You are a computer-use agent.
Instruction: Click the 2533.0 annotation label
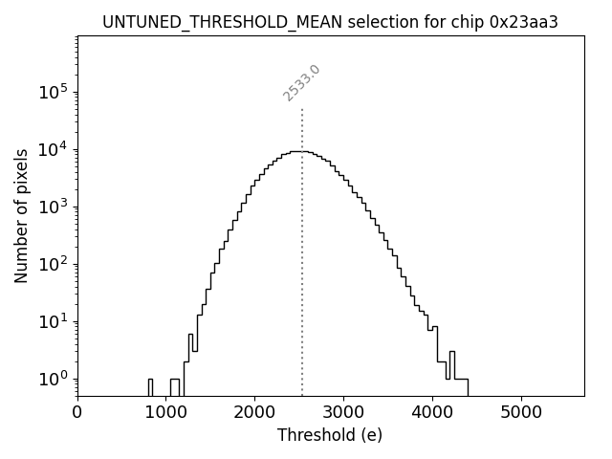coord(301,82)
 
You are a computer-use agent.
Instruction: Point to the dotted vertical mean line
coord(302,287)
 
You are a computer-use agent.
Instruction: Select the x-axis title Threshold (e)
coord(330,435)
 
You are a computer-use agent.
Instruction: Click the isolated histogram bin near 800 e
coord(150,386)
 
